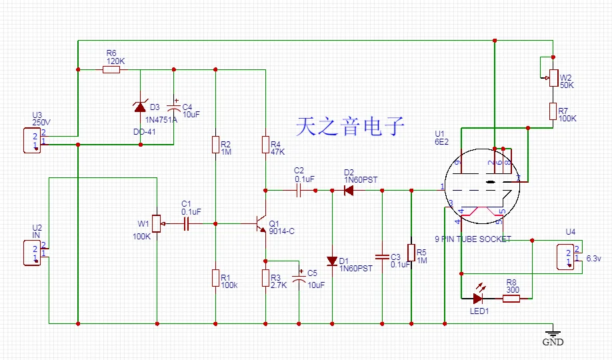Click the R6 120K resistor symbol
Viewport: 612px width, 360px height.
[111, 69]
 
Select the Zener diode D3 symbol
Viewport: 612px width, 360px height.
[141, 105]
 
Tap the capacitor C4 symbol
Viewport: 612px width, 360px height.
[174, 107]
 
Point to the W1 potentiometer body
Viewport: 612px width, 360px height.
[157, 223]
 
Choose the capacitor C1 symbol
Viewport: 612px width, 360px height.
[187, 224]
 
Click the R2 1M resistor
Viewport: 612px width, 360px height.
[215, 145]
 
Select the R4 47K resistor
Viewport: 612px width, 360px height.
[265, 145]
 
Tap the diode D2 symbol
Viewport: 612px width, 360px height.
[348, 190]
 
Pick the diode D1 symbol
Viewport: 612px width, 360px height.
[332, 261]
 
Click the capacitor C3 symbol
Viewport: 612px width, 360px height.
[382, 256]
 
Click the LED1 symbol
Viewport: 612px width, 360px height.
[478, 298]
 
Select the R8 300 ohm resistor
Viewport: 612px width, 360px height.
[511, 298]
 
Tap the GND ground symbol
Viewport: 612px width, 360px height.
[552, 333]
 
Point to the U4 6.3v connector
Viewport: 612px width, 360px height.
[568, 257]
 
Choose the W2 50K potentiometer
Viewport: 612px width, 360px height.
[553, 78]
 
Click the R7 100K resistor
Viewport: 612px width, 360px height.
[553, 111]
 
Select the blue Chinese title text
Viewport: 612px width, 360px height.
[350, 126]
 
